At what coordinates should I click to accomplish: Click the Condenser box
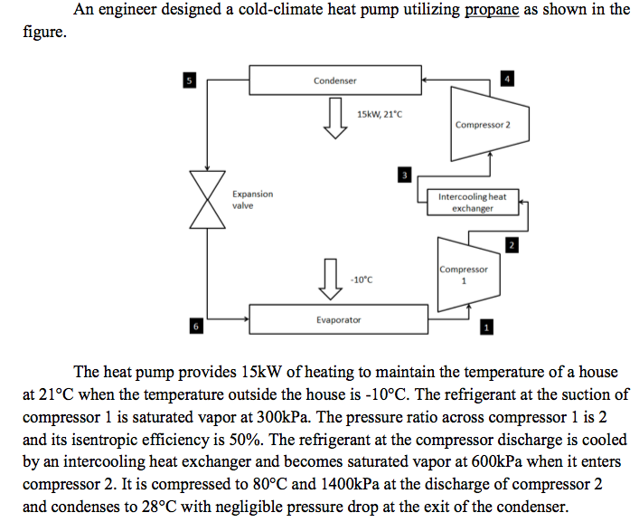[x=335, y=81]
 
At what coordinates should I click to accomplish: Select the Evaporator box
[x=338, y=319]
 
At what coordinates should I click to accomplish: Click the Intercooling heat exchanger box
[x=472, y=202]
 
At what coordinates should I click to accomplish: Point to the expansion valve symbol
[x=209, y=201]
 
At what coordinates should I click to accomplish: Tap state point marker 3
[x=406, y=173]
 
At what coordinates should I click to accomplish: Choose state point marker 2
[x=512, y=245]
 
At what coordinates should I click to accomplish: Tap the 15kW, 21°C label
[x=378, y=115]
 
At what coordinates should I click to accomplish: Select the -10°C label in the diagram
[x=361, y=280]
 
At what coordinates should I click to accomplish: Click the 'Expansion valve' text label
[x=252, y=199]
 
